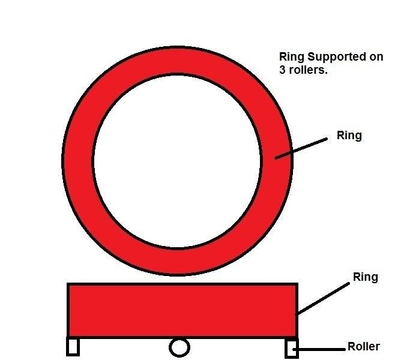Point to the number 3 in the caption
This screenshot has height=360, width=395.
click(x=283, y=70)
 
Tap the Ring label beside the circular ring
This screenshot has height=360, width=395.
click(x=349, y=136)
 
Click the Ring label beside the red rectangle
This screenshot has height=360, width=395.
click(x=366, y=277)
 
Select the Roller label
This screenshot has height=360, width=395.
click(x=363, y=347)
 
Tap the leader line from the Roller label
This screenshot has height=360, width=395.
click(x=321, y=349)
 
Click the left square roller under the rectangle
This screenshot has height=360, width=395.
click(x=73, y=346)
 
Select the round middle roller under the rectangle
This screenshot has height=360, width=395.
click(x=179, y=347)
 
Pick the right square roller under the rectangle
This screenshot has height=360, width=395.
click(x=292, y=348)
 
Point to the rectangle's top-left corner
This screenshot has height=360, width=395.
click(x=68, y=284)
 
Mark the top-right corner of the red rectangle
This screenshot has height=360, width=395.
click(x=297, y=284)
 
